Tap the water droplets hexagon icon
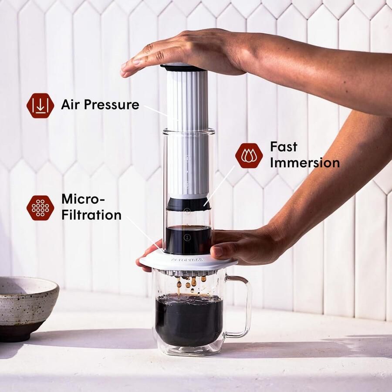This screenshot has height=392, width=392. (x=249, y=155)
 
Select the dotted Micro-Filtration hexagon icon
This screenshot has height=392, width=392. (x=40, y=207)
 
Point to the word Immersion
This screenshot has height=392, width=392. (x=304, y=162)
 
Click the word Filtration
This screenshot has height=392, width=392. (x=91, y=215)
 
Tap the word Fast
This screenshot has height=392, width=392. (x=284, y=146)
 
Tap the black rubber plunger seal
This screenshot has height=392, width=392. (x=188, y=204)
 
